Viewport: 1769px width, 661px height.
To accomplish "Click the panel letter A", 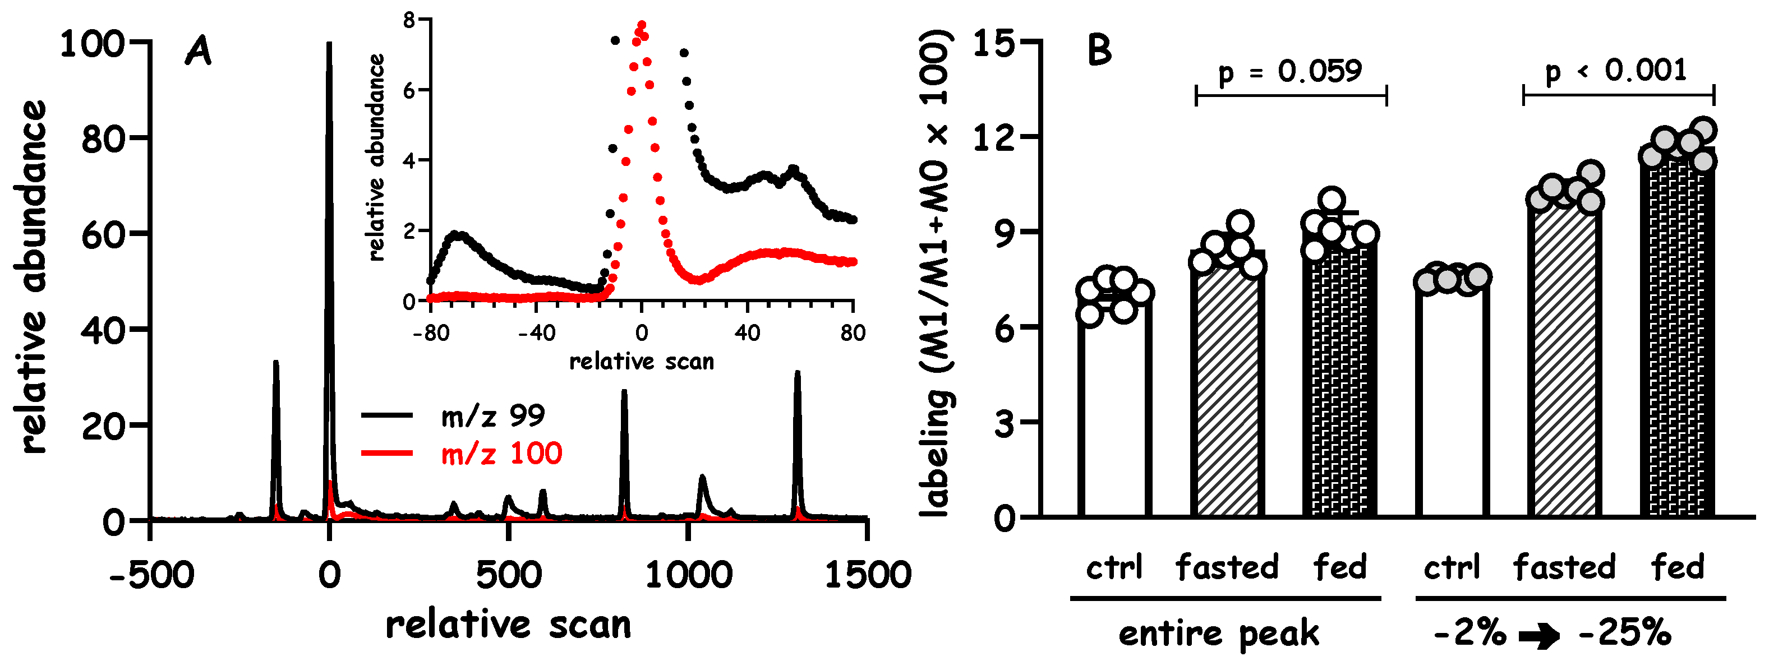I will point(198,52).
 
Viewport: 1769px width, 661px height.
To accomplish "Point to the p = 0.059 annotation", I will point(1289,71).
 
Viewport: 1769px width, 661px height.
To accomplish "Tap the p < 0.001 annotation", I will point(1616,71).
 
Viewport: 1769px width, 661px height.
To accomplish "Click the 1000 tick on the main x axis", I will point(688,574).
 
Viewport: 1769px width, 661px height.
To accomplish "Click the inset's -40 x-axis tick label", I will point(536,334).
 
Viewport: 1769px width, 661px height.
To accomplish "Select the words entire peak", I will point(1219,633).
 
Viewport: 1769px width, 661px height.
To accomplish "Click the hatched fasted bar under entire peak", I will point(1227,391).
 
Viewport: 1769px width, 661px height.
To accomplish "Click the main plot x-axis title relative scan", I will point(508,625).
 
